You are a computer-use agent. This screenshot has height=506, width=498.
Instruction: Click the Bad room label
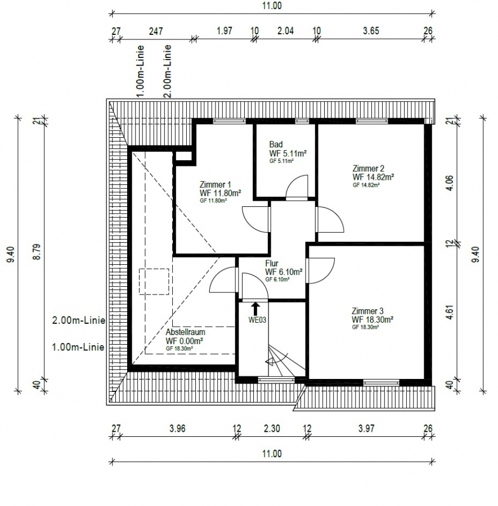[x=276, y=144]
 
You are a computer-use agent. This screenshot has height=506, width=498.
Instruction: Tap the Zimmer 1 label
[x=215, y=185]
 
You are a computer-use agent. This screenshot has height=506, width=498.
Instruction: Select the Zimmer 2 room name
[x=368, y=169]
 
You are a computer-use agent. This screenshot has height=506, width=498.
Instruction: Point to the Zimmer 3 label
[x=367, y=311]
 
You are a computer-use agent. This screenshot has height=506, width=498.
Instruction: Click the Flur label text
[x=272, y=263]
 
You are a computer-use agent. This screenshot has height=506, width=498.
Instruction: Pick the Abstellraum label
[x=185, y=332]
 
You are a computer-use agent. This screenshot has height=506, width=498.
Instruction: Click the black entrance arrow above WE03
[x=255, y=309]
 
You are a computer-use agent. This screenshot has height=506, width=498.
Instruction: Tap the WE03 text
[x=257, y=320]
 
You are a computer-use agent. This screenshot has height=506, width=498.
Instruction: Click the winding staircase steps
[x=284, y=362]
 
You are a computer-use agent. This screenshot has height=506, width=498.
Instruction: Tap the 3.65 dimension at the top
[x=371, y=31]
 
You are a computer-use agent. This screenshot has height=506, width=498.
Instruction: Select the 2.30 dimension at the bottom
[x=272, y=428]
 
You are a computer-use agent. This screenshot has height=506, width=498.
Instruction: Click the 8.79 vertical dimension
[x=38, y=252]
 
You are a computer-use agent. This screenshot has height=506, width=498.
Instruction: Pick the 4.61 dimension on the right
[x=450, y=312]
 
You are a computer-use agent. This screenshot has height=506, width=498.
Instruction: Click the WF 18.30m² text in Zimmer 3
[x=373, y=320]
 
